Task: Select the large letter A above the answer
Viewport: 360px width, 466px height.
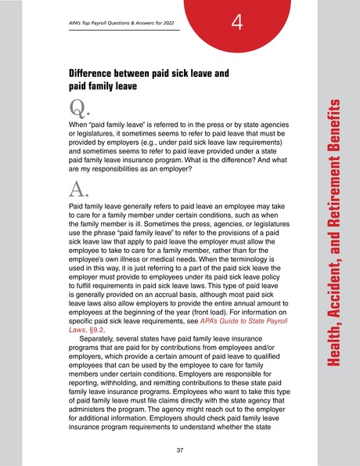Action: tap(77, 186)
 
